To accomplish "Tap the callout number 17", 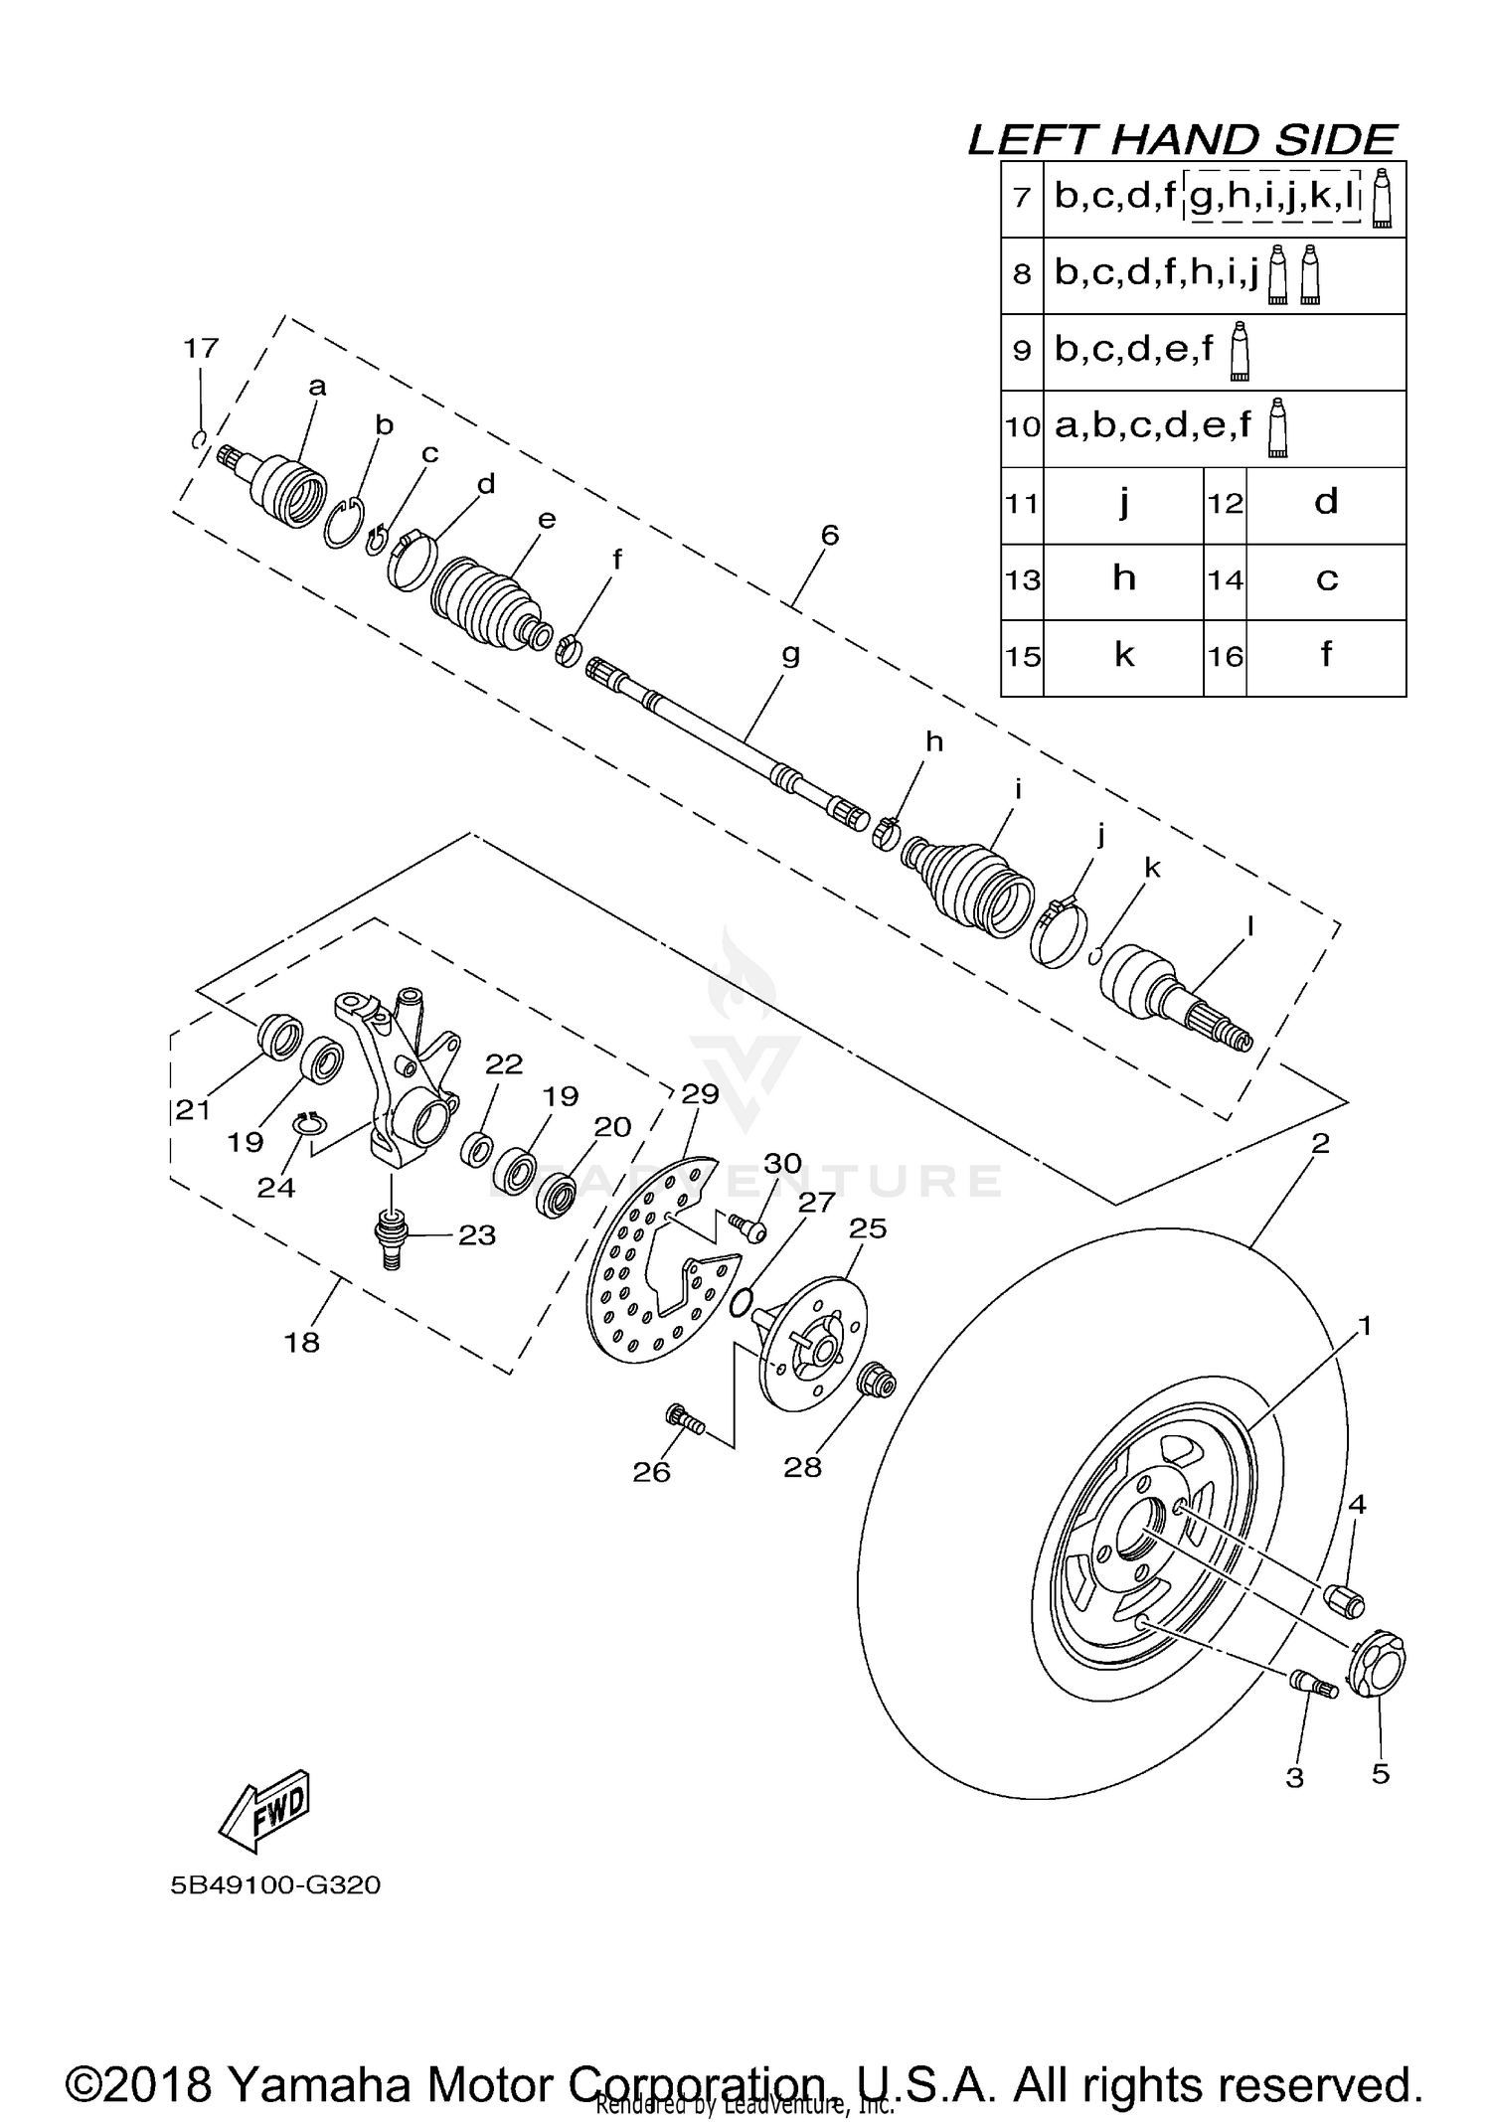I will point(201,349).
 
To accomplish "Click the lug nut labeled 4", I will point(1346,1599).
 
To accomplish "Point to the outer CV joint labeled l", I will point(1173,999).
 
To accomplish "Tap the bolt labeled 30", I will point(747,1227).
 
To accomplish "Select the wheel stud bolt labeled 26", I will point(685,1418).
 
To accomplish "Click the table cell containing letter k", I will point(1123,656).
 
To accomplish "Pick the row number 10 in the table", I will point(1022,427).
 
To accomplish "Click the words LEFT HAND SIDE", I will point(1182,140).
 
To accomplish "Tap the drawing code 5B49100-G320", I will point(275,1885).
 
